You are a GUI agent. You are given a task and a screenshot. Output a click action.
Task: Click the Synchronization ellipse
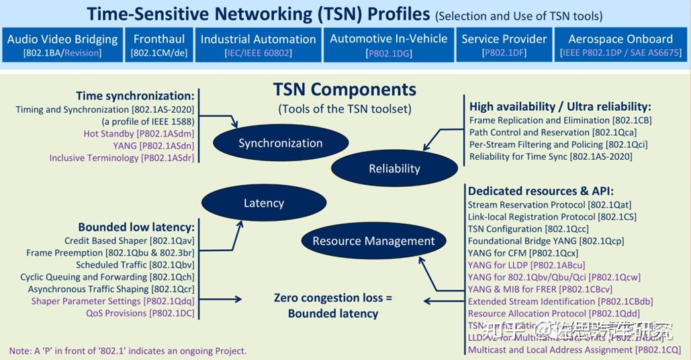280,143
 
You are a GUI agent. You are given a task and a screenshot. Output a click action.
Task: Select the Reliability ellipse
394,169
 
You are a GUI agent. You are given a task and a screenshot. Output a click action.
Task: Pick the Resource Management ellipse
373,241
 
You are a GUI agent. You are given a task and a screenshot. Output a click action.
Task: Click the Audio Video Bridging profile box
62,45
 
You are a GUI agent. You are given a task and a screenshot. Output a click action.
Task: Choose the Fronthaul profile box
159,45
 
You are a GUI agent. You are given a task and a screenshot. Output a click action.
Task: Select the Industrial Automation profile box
258,45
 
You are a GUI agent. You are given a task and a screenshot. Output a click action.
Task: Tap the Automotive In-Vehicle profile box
388,45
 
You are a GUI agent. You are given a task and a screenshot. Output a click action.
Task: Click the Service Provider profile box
504,45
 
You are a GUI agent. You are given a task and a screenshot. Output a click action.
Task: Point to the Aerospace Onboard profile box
620,45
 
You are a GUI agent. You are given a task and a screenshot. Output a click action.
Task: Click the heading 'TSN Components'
344,89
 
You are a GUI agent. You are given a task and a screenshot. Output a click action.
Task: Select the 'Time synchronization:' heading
135,96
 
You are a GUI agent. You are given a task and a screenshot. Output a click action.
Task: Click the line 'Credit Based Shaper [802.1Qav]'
129,240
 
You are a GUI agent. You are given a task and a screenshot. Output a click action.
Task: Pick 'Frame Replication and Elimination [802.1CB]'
560,120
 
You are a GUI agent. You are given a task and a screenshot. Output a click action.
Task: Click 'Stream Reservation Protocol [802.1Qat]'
549,204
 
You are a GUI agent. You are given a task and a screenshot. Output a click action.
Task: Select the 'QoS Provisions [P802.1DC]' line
140,313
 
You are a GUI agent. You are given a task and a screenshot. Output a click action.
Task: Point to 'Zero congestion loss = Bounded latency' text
332,306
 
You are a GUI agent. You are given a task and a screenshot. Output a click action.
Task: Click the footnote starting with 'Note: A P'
128,351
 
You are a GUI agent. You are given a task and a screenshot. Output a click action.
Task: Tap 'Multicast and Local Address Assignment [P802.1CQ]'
574,350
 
